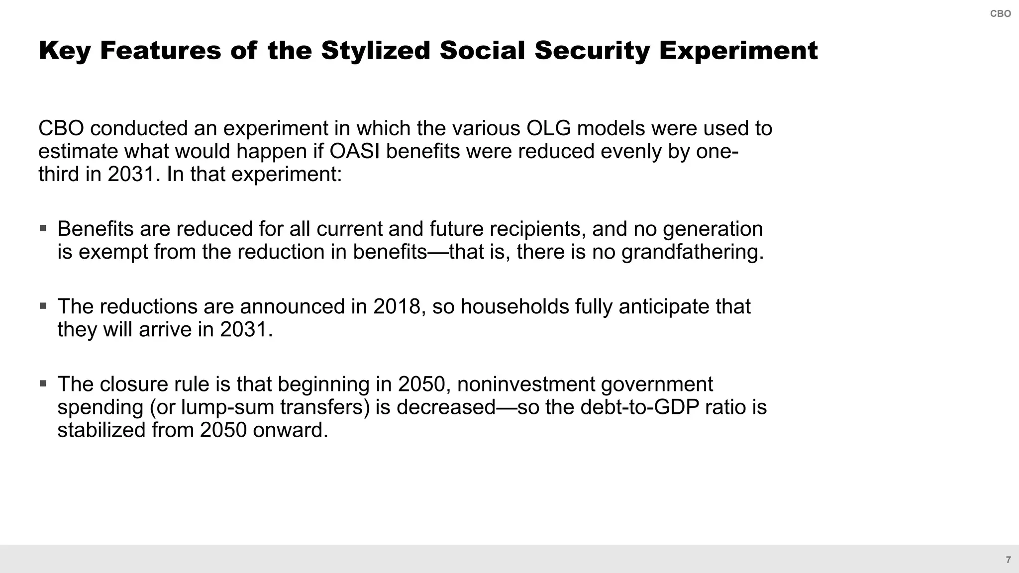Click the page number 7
pos(1008,560)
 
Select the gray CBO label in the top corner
pos(1000,14)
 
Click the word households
pos(514,306)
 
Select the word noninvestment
pos(525,384)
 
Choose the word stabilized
pos(101,430)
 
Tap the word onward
pos(290,430)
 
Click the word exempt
pos(113,252)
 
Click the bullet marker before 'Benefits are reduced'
pos(43,228)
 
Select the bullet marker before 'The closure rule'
pos(43,383)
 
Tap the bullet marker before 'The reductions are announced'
pos(43,306)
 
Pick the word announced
pos(292,306)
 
